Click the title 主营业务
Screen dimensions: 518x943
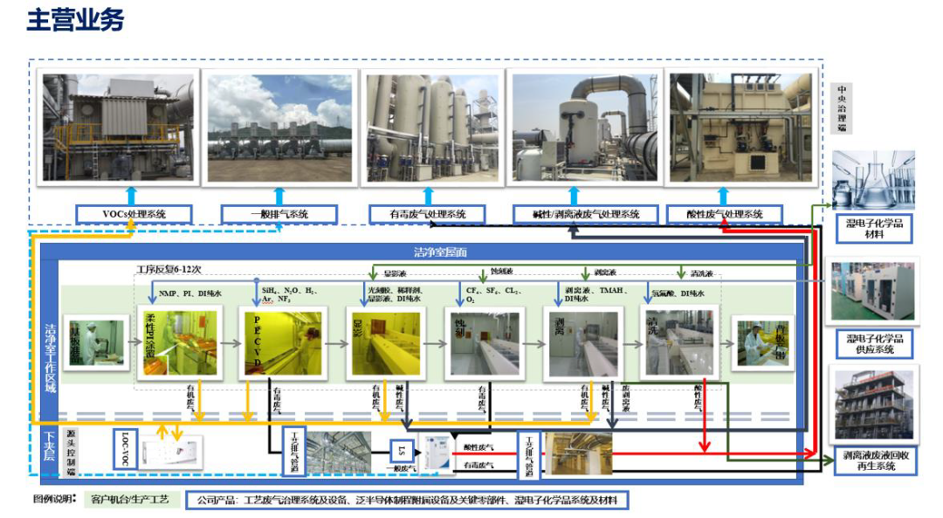(x=76, y=22)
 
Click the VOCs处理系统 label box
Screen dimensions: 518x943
(x=131, y=214)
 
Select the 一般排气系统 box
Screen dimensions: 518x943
(x=279, y=214)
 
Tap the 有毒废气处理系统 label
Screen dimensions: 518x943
(x=429, y=214)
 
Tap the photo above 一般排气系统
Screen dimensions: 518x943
(x=279, y=128)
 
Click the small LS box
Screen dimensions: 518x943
(x=402, y=451)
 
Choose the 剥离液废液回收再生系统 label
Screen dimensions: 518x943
(x=874, y=460)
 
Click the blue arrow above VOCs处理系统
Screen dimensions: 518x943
(x=131, y=195)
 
